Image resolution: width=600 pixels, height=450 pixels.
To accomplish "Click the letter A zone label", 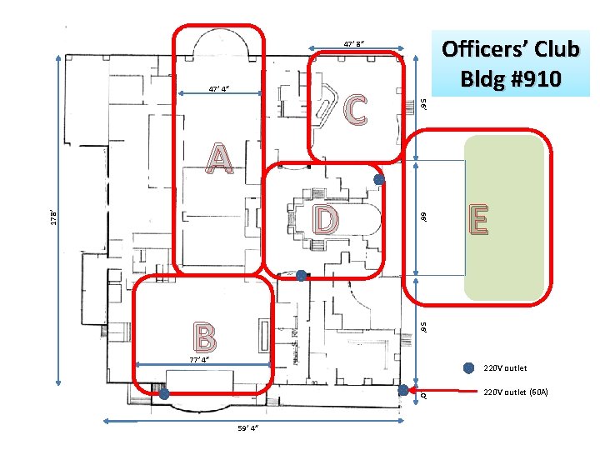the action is pyautogui.click(x=219, y=158).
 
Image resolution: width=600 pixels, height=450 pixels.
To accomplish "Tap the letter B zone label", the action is pyautogui.click(x=205, y=337).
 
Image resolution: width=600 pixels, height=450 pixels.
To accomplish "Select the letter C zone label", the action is pyautogui.click(x=356, y=110).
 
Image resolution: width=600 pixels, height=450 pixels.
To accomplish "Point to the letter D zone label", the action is pyautogui.click(x=326, y=219).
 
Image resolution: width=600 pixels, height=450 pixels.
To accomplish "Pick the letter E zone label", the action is pyautogui.click(x=478, y=219).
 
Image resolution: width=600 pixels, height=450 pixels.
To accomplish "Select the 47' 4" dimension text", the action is pyautogui.click(x=219, y=89).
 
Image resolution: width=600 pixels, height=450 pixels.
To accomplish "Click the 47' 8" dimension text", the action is pyautogui.click(x=354, y=43).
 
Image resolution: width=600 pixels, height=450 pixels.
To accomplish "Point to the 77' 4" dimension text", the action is pyautogui.click(x=200, y=360).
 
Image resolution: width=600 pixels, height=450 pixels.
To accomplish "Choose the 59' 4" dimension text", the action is pyautogui.click(x=248, y=427).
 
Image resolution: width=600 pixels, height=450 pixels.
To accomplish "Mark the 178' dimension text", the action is pyautogui.click(x=54, y=217).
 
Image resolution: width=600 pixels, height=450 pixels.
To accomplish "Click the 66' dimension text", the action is pyautogui.click(x=423, y=217).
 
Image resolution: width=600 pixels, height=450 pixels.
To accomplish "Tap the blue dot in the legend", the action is pyautogui.click(x=468, y=368).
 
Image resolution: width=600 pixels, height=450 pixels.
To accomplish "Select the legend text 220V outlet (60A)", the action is pyautogui.click(x=516, y=392).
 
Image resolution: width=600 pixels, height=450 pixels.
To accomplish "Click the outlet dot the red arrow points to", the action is pyautogui.click(x=403, y=390).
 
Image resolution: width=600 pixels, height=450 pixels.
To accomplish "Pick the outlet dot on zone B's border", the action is pyautogui.click(x=164, y=393).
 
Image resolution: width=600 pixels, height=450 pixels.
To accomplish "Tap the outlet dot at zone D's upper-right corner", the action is pyautogui.click(x=379, y=179).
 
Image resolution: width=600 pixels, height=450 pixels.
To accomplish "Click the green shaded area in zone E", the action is pyautogui.click(x=505, y=217).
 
